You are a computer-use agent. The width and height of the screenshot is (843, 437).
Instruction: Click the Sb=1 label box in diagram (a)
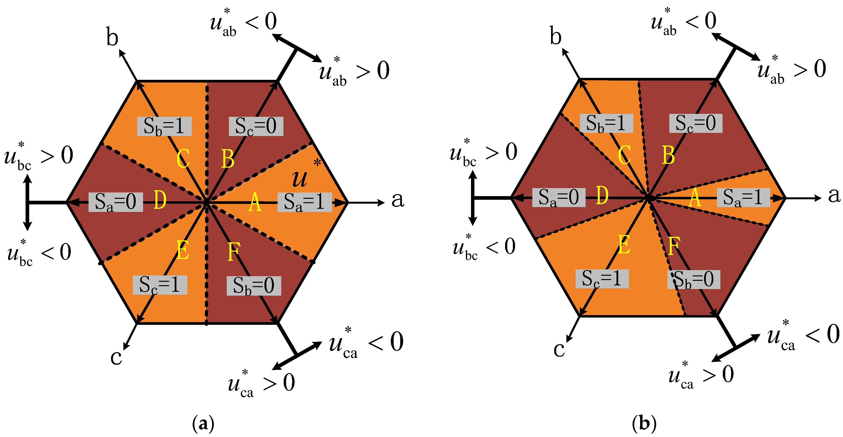(164, 126)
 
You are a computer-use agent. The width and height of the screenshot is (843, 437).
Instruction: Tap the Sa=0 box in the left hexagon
(116, 202)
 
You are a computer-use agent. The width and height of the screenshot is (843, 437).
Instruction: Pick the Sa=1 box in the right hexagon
(743, 197)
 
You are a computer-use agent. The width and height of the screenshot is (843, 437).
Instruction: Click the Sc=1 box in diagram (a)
(160, 285)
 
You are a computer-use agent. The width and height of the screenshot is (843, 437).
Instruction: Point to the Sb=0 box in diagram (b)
(694, 280)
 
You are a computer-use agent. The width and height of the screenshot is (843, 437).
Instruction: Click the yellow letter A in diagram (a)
(255, 202)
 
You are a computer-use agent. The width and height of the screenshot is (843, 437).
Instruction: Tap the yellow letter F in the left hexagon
(234, 251)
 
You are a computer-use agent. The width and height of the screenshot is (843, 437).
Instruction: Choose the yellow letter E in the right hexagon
(624, 245)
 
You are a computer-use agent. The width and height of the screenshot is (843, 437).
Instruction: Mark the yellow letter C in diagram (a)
(183, 159)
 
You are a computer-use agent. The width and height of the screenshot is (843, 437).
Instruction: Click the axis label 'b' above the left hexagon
(112, 37)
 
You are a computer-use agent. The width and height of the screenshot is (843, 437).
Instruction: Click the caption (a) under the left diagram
(203, 424)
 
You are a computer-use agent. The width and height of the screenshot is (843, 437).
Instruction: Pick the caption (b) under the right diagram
(644, 424)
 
